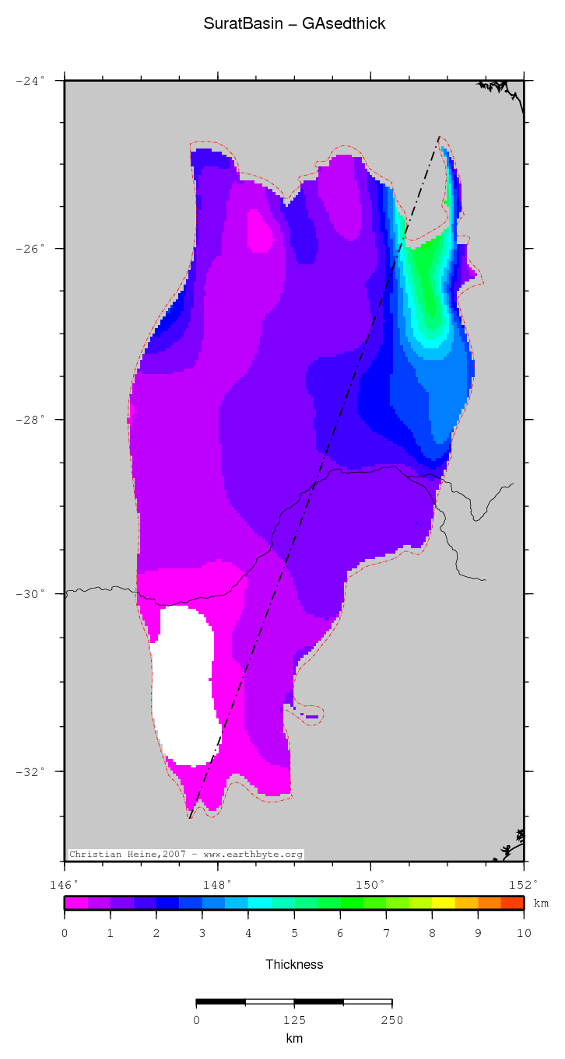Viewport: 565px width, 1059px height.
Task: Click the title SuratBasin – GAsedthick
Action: coord(294,24)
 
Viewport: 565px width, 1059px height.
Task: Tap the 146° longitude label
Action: coord(64,885)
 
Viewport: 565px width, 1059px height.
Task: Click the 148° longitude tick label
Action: coord(217,885)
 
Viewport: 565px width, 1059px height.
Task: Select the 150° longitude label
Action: coord(370,885)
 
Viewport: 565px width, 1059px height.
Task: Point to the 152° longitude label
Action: coord(523,885)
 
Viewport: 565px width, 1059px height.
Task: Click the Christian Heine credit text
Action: coord(185,854)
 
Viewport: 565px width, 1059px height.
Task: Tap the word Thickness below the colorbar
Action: coord(294,964)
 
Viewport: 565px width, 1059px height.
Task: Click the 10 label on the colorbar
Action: coord(523,933)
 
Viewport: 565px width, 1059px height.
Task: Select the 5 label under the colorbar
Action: coord(294,933)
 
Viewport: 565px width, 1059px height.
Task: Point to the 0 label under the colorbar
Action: coord(65,933)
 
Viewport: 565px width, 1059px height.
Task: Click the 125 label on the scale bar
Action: coord(294,1020)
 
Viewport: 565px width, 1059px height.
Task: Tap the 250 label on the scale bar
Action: coord(391,1020)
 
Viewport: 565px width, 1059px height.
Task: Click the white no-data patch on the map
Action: coord(183,684)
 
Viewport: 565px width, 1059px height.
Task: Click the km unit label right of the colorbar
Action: coord(541,903)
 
